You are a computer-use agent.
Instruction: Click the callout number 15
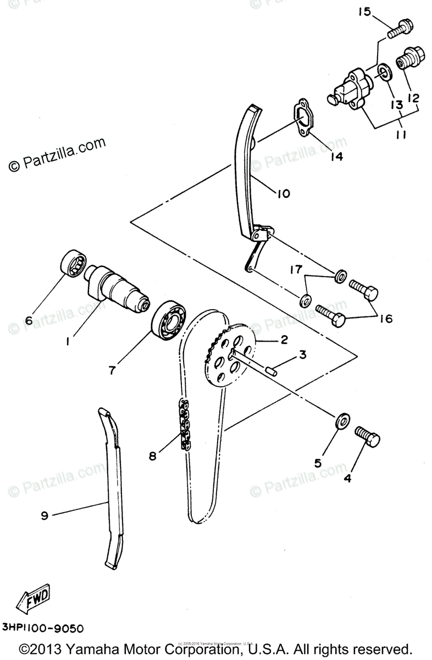coord(365,12)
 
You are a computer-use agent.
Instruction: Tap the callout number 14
coord(336,157)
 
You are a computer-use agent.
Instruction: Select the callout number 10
coord(283,194)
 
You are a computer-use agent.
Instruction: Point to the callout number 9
coord(45,515)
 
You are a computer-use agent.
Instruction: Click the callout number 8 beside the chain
coord(152,455)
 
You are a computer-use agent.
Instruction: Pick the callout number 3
coord(302,356)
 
